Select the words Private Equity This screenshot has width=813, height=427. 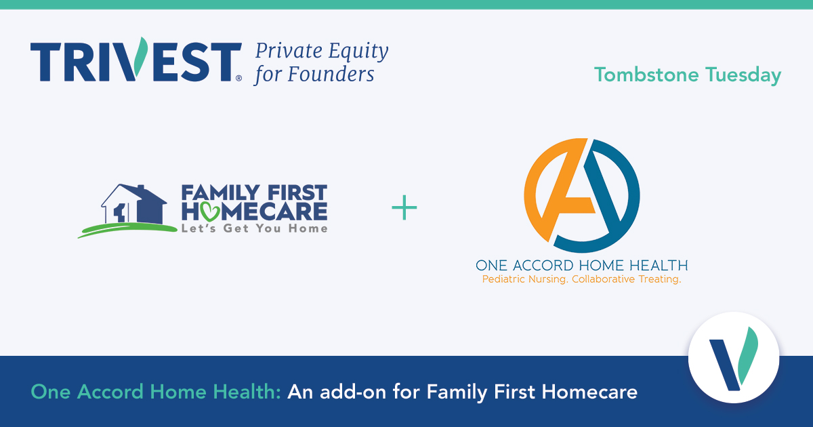tap(321, 51)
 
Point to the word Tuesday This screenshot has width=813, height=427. tap(743, 75)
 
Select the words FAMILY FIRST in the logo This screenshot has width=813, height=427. tap(254, 193)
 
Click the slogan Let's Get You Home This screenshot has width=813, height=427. tap(254, 228)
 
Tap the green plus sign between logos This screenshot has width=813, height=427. tap(404, 208)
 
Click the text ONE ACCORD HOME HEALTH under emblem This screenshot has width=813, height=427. tap(582, 265)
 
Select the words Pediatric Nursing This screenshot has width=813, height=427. tap(524, 279)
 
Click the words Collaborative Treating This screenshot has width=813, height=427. tap(627, 279)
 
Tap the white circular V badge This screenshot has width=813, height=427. tap(733, 357)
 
